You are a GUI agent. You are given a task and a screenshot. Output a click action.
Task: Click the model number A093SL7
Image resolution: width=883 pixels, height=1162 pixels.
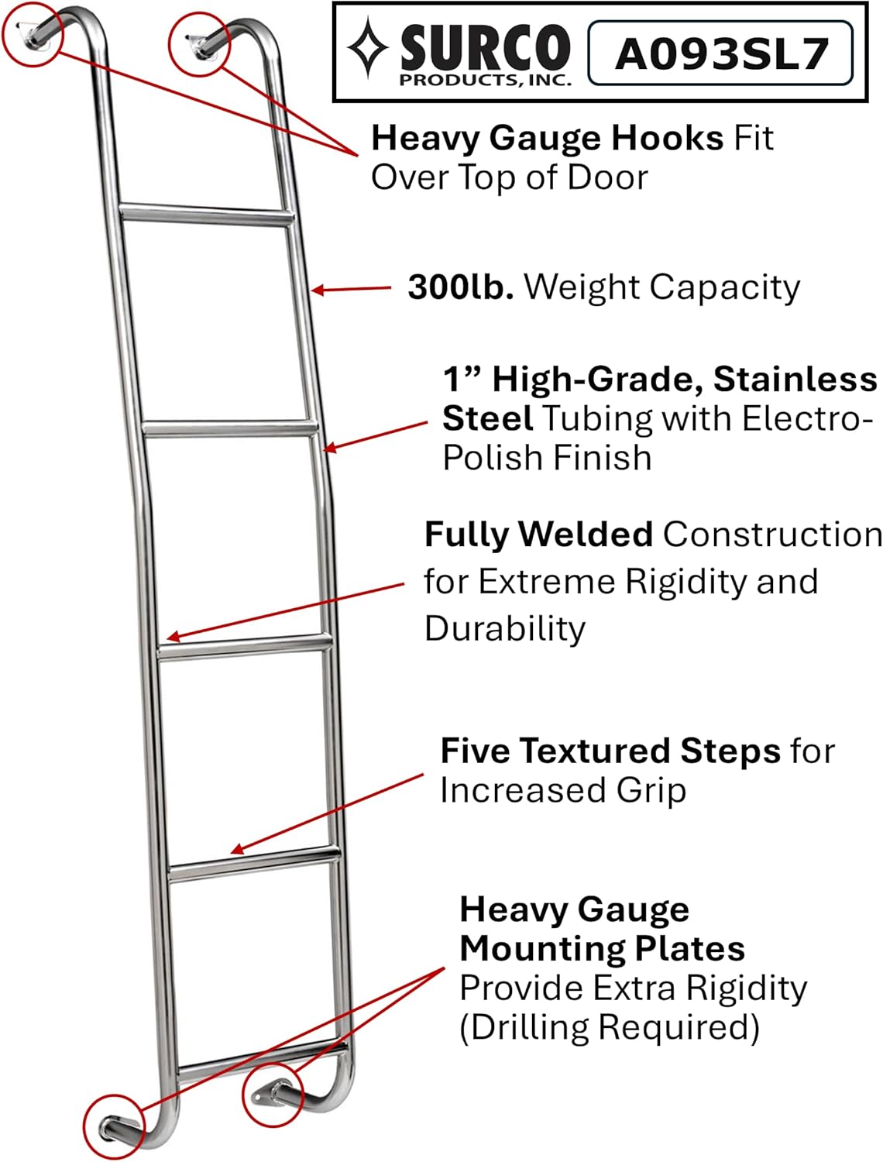(721, 53)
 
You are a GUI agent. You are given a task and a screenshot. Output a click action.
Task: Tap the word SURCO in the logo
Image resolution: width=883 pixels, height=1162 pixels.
(485, 48)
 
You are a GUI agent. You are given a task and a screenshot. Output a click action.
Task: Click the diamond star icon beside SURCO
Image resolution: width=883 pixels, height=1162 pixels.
(367, 49)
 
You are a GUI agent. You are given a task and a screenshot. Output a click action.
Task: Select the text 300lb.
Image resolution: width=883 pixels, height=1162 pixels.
(460, 287)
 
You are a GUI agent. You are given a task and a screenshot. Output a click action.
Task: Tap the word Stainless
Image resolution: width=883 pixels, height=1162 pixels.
(795, 380)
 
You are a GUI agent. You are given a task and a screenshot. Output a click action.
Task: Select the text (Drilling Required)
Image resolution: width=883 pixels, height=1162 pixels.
(610, 1028)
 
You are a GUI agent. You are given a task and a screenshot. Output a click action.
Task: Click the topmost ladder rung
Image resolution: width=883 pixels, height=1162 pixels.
(206, 214)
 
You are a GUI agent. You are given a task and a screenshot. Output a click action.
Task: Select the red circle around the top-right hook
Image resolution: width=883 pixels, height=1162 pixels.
(199, 44)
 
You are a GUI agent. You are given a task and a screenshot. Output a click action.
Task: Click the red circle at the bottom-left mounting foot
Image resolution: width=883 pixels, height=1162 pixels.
(114, 1126)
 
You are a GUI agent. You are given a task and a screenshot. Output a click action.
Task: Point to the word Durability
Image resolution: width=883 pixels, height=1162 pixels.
(505, 628)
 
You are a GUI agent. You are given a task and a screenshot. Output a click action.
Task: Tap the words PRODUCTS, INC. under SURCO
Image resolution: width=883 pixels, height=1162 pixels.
(485, 79)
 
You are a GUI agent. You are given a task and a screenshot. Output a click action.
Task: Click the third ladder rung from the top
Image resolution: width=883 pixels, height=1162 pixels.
(246, 645)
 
